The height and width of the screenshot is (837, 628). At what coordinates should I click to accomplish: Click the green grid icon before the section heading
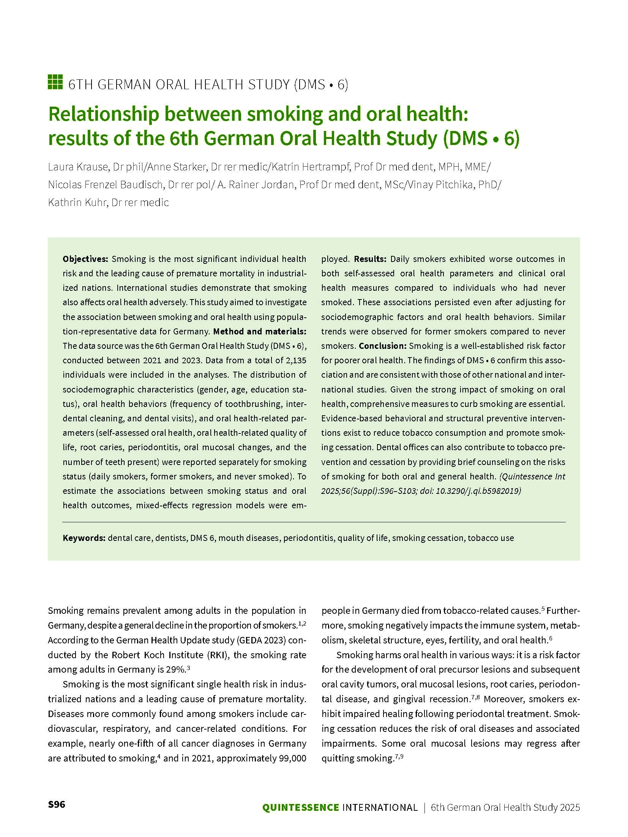(55, 82)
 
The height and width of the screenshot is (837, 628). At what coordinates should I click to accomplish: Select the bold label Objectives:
(85, 259)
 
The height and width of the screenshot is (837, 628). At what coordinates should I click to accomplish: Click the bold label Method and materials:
(260, 331)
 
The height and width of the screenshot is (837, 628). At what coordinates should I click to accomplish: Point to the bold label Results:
(370, 259)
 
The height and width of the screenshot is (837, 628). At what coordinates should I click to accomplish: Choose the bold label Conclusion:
(383, 346)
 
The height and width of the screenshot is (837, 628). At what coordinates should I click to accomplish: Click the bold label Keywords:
(84, 538)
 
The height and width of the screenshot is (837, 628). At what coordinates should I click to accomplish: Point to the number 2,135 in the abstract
(295, 360)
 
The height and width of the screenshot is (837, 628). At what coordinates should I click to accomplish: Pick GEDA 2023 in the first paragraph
(260, 640)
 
